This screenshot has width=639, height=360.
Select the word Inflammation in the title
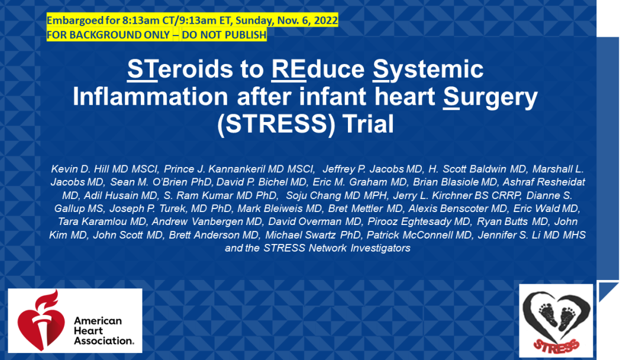[150, 97]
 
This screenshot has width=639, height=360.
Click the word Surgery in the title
[490, 98]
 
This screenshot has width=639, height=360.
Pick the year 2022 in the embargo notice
[325, 20]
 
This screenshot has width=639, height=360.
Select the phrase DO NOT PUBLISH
[224, 35]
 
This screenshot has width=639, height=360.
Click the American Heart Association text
[104, 330]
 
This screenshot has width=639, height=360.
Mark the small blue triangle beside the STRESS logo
[606, 290]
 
